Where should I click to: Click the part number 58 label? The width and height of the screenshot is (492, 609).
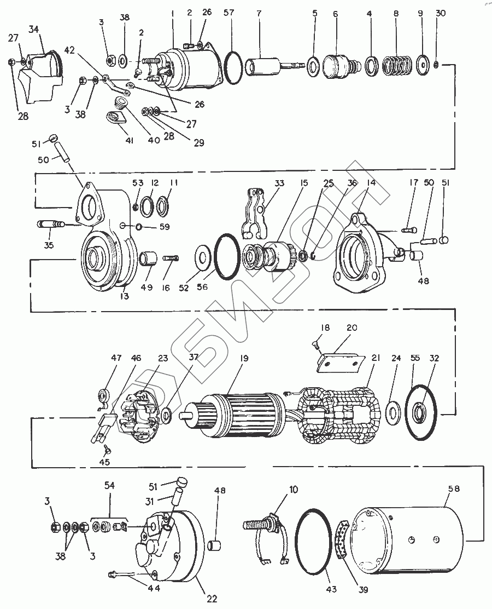point(454,488)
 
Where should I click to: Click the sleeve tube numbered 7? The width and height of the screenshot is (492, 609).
point(262,67)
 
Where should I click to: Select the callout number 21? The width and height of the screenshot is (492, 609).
point(376,358)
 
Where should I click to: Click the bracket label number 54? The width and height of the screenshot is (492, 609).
point(109,486)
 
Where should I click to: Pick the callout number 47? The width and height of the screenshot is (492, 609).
point(116,358)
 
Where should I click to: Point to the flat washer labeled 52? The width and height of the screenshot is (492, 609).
point(204,257)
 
